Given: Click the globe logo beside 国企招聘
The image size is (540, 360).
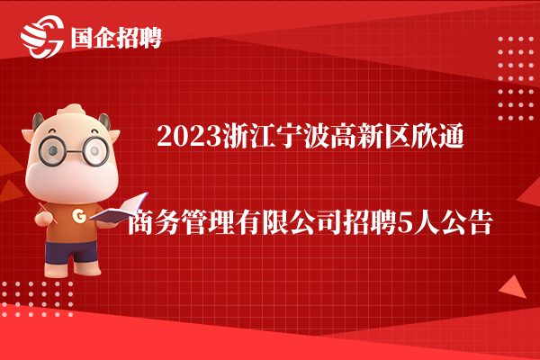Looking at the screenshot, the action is coord(42,37).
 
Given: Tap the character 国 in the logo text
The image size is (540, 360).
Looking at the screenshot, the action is coord(82,38).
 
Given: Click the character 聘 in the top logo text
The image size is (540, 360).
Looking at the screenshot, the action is coord(150,38).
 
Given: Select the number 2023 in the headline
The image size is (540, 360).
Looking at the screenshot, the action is coord(189,137).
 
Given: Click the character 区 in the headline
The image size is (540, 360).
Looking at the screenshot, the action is coord(397,137).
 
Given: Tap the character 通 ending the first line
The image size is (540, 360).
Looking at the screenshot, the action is coord(451,137).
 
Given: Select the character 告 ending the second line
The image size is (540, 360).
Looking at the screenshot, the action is coord(480,222).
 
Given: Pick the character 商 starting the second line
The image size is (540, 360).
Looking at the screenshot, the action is coord(140,222).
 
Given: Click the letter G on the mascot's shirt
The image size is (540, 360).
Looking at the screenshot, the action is coord(79,216).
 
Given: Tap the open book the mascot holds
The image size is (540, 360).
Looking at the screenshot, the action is coord(119,209).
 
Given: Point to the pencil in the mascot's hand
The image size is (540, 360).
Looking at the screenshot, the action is coord(49,213).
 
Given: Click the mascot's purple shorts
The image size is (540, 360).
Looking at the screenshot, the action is coord(72,252).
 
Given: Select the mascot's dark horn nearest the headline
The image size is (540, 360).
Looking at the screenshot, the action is coord(105,121).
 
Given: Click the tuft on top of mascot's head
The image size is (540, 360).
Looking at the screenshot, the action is coord(71,110).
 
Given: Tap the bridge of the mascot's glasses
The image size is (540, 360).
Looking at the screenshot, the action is coord(74,151).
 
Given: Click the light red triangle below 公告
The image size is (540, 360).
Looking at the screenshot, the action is coord(513,287).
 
